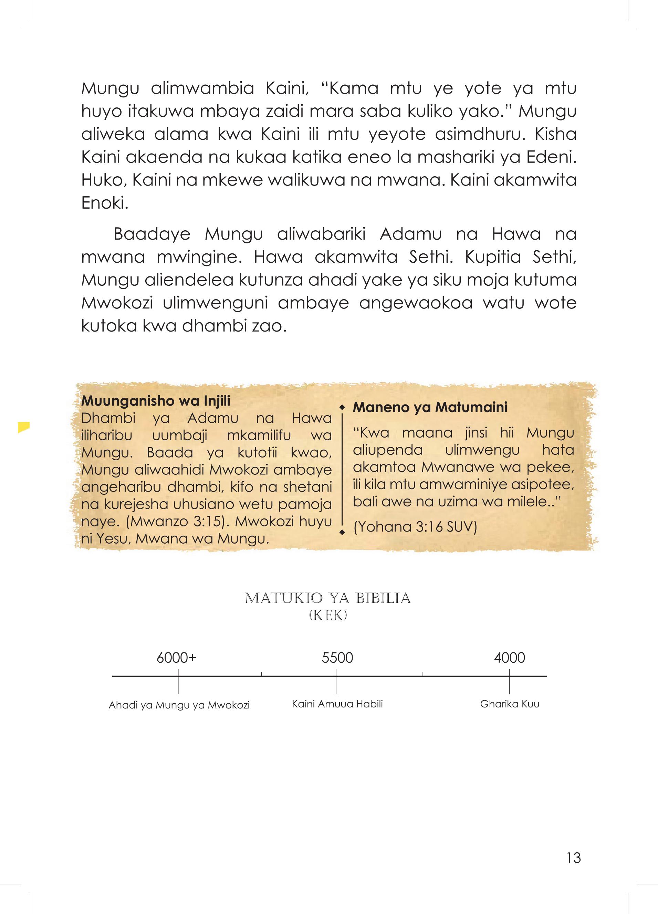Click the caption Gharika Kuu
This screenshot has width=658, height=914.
click(x=510, y=704)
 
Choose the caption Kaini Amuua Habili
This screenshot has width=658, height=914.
click(x=337, y=704)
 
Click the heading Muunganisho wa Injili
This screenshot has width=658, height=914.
click(x=156, y=401)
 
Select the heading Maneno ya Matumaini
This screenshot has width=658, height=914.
click(x=430, y=408)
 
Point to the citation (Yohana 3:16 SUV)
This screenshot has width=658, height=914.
click(x=415, y=527)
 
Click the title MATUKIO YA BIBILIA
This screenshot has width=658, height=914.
click(x=328, y=598)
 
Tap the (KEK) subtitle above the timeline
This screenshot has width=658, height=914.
click(x=328, y=616)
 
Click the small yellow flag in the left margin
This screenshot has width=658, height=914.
click(x=24, y=427)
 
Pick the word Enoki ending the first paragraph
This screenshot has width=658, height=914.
click(x=104, y=203)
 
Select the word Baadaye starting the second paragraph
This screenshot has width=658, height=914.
click(x=152, y=234)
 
